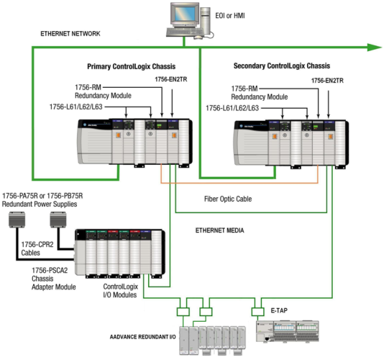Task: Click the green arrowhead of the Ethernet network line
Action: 374,48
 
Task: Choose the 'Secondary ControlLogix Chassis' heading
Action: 281,66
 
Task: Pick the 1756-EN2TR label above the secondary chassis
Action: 328,81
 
